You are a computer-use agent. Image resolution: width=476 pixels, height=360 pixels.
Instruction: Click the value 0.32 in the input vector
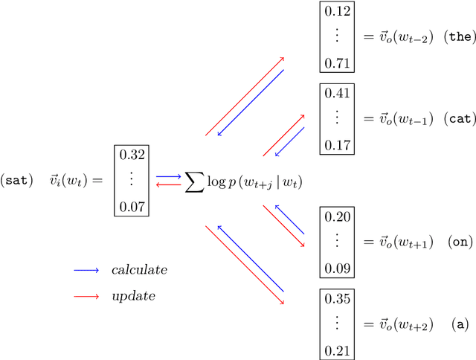click(131, 156)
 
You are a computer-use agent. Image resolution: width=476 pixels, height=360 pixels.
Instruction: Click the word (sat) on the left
click(17, 180)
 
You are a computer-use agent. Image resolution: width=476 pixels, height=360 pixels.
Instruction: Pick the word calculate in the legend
click(139, 270)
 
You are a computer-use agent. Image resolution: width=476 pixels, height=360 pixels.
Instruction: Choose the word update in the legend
click(133, 296)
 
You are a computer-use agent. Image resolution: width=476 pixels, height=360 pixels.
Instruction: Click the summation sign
click(195, 181)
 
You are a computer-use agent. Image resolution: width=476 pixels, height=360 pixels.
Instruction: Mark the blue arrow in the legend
click(86, 270)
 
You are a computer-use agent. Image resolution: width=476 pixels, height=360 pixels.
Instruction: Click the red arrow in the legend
click(86, 296)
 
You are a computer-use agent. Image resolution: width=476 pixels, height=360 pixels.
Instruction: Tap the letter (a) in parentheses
click(461, 324)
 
